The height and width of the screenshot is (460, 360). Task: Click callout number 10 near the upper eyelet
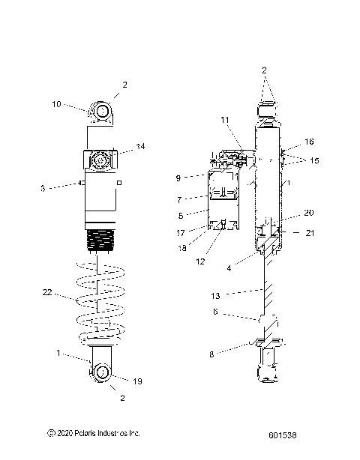(x=56, y=104)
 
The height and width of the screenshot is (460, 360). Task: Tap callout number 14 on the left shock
(x=141, y=146)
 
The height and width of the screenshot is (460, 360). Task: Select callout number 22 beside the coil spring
(x=47, y=292)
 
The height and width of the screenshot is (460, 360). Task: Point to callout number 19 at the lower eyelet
(x=137, y=381)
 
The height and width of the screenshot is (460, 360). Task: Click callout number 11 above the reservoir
(x=225, y=120)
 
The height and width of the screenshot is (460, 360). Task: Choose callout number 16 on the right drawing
(x=309, y=142)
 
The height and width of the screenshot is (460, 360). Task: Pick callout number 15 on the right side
(x=314, y=161)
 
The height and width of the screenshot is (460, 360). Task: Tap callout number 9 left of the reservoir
(x=178, y=178)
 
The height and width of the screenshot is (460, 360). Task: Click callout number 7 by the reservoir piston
(x=179, y=200)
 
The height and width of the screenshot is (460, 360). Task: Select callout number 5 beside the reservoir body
(x=181, y=216)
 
